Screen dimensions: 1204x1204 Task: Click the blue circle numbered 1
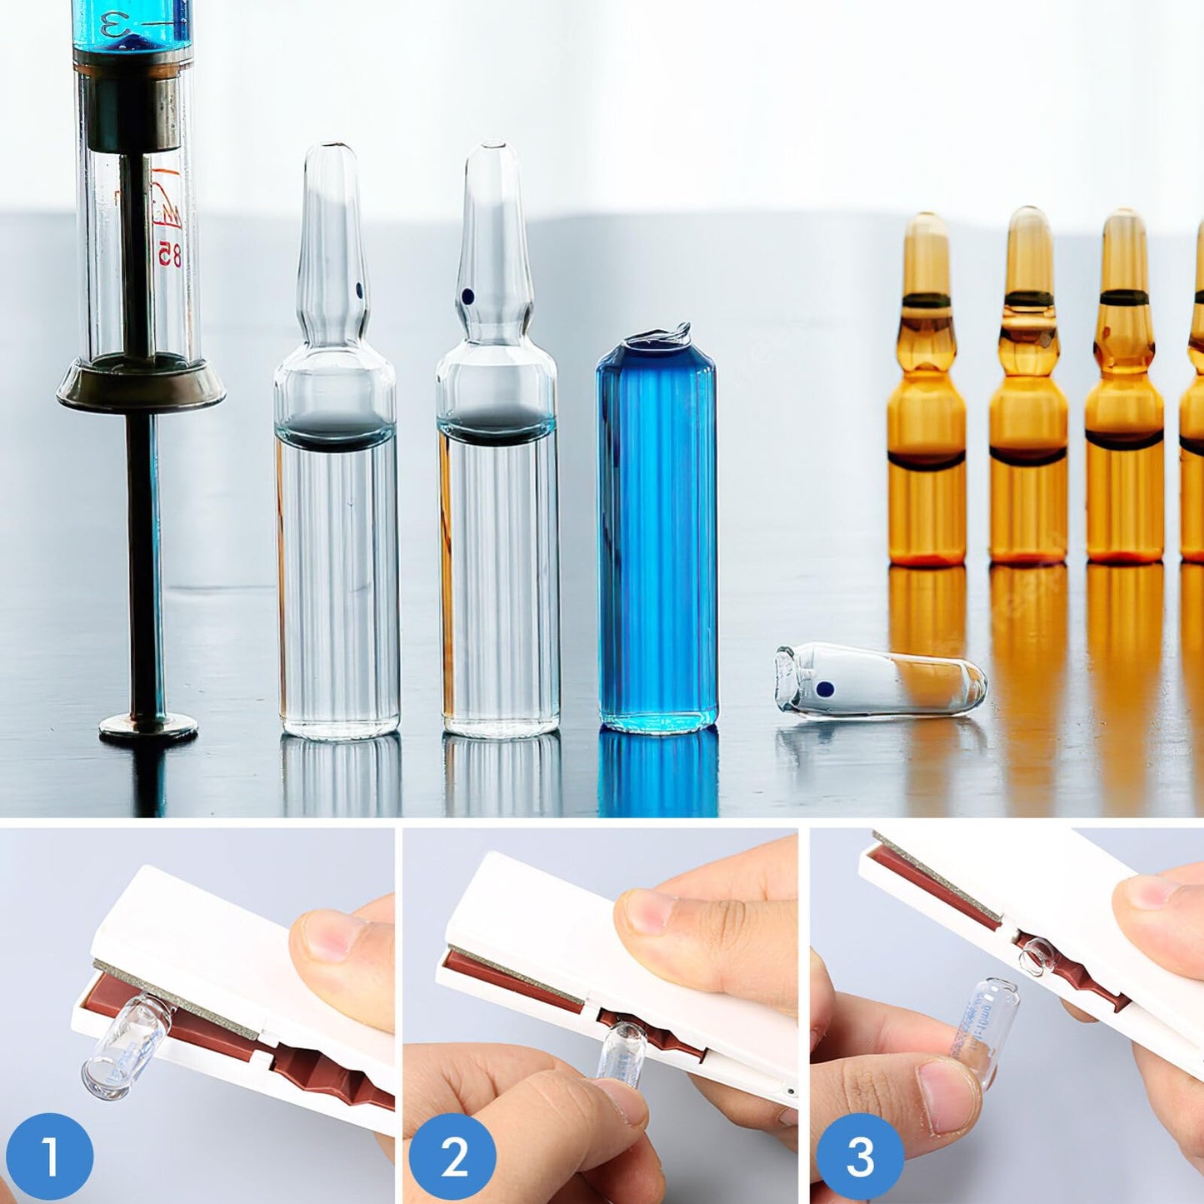tap(49, 1157)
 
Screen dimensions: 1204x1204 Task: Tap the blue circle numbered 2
tap(452, 1158)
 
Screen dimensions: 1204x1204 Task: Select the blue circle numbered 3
tap(859, 1157)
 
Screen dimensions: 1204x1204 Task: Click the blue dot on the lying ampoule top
tap(825, 689)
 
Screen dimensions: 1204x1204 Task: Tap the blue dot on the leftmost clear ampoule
tap(359, 290)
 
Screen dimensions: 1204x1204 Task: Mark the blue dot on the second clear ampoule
tap(467, 296)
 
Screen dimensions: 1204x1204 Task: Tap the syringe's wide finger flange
tap(141, 388)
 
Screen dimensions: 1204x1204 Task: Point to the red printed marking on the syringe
tap(167, 221)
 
